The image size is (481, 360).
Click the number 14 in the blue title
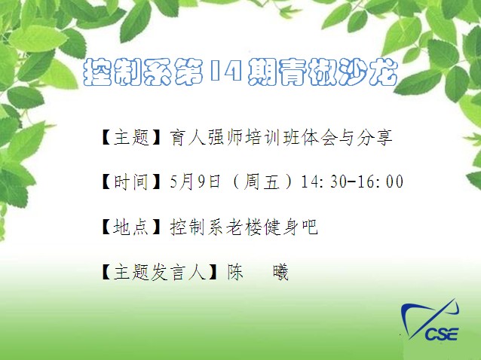[225, 71]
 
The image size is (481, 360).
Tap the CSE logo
[430, 321]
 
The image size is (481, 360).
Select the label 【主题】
[131, 137]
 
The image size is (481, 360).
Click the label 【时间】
[131, 182]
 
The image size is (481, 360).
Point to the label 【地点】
[131, 227]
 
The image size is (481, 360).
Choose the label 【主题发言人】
[159, 272]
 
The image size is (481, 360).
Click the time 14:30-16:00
[352, 182]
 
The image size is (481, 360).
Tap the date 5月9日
[195, 182]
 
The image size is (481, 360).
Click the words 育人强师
[205, 137]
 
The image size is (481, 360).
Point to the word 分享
[375, 137]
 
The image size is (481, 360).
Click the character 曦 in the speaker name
[280, 272]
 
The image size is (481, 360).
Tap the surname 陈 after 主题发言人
[235, 272]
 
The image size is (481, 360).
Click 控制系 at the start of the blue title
[127, 72]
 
